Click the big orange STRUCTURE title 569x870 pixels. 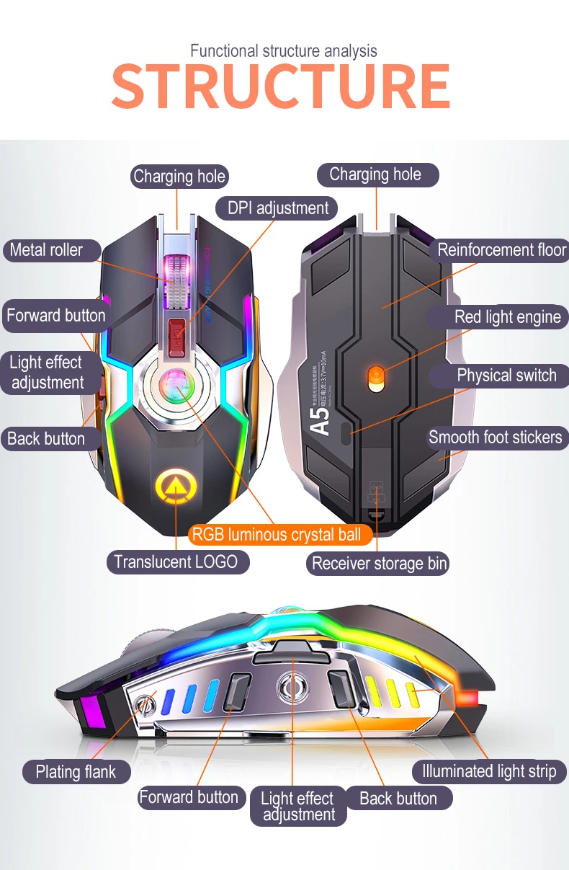coord(281,86)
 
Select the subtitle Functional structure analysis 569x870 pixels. coord(284,51)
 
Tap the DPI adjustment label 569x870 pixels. coord(277,208)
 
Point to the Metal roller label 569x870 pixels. coord(47,251)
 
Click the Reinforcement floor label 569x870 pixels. coord(501,251)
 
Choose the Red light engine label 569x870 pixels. coord(506,317)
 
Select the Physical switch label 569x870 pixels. coord(506,376)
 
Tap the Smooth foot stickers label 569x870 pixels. coord(495,438)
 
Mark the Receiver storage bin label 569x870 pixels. coord(379,564)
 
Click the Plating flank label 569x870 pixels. coord(76,772)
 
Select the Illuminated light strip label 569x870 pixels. coord(489,771)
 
